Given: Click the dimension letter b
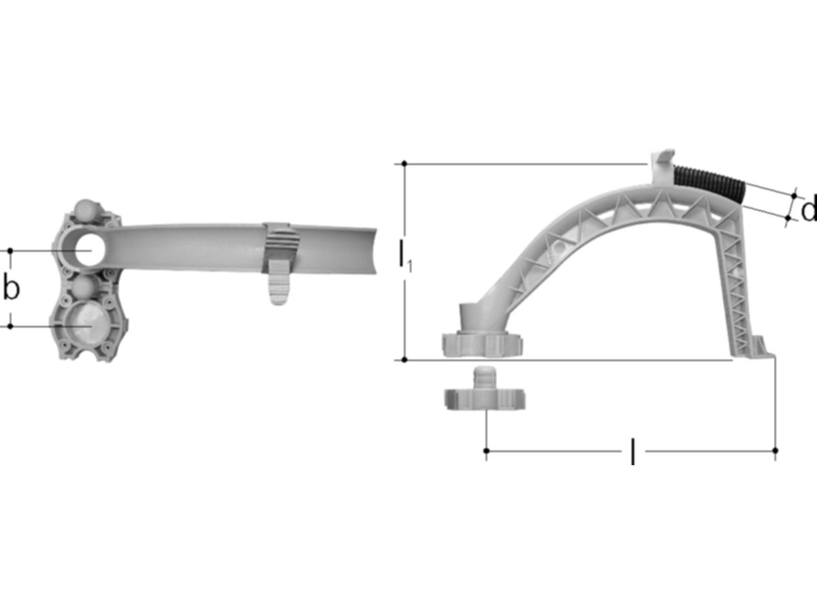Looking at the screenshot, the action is (11, 288).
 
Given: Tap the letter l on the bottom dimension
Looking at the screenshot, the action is (632, 451).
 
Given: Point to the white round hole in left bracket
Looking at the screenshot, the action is (90, 250).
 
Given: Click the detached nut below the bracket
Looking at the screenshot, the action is (485, 390).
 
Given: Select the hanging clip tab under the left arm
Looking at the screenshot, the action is (278, 282).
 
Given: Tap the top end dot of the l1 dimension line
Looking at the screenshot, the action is (404, 163).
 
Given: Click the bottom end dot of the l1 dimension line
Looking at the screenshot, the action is (404, 360).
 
